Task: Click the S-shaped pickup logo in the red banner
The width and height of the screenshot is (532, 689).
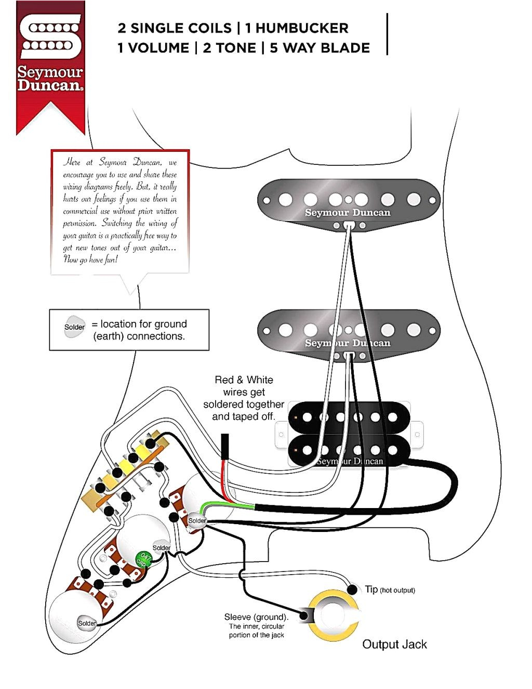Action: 50,36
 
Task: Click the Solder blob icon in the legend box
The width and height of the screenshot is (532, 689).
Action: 74,327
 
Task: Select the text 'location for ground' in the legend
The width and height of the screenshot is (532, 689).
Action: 143,324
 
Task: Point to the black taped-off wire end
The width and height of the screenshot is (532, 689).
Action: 225,447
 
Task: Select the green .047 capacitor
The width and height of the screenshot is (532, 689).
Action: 143,560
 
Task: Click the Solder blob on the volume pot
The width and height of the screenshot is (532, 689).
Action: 197,521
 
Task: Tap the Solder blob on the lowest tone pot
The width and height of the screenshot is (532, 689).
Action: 87,623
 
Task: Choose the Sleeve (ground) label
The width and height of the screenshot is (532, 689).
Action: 256,617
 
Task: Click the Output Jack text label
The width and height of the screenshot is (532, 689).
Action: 394,644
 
